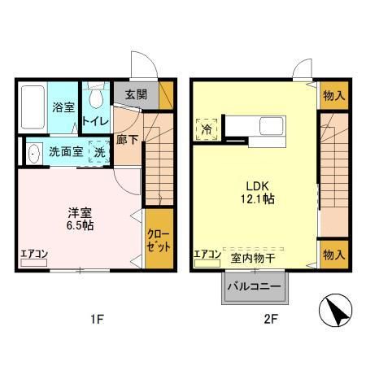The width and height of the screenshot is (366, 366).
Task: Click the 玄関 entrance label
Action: [135, 94]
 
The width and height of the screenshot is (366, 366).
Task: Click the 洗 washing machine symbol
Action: [98, 151]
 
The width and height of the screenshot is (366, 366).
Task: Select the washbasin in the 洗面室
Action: [33, 152]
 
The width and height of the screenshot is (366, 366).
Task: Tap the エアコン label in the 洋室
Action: [34, 254]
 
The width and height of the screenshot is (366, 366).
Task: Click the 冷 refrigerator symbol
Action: [207, 128]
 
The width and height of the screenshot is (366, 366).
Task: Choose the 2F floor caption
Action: [270, 319]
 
